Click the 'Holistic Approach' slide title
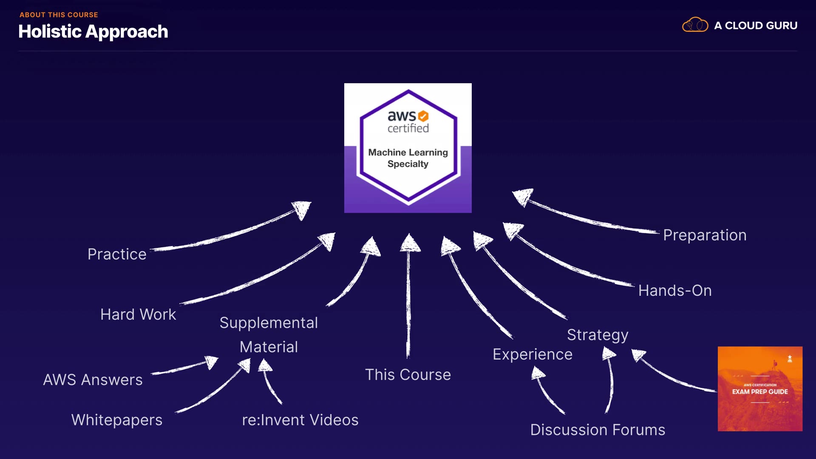93,32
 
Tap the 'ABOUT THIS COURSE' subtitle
59,15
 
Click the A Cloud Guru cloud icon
695,25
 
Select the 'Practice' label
117,254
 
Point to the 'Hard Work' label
138,314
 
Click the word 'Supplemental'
269,323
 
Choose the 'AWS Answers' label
93,380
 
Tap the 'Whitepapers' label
117,420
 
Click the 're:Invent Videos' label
300,420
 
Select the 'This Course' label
408,375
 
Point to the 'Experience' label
533,354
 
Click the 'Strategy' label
598,335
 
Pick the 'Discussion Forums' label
598,430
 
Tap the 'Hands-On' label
675,291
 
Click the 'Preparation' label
705,235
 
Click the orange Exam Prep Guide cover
760,389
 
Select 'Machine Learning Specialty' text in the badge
408,158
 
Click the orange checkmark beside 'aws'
423,116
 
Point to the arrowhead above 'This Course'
410,243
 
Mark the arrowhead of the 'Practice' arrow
302,210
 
